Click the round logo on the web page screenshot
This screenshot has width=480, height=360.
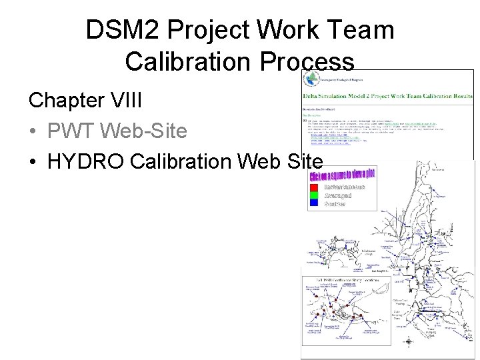(x=311, y=79)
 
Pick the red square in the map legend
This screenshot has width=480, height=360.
(x=313, y=188)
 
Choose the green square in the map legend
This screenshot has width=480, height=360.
(x=313, y=196)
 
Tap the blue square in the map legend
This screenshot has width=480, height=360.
(x=313, y=204)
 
